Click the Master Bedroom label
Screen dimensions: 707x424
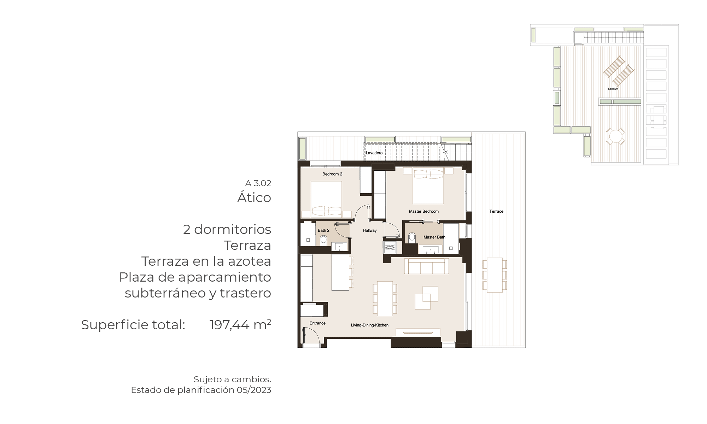[x=423, y=211]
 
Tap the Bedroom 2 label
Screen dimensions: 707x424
[x=332, y=174]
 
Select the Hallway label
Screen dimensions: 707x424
[x=370, y=230]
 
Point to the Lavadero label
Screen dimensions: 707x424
[x=374, y=153]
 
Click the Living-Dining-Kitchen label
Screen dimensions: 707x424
[x=370, y=325]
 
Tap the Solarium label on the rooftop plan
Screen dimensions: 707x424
[x=613, y=89]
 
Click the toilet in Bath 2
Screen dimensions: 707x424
[x=323, y=241]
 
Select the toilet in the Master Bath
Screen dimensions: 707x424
[x=412, y=237]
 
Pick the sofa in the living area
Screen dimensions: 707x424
[x=427, y=266]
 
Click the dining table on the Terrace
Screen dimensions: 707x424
[x=495, y=275]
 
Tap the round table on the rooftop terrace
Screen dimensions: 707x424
[x=615, y=137]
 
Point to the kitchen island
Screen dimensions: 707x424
[x=340, y=272]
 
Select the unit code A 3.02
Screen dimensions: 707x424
[x=258, y=183]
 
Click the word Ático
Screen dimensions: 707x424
[x=254, y=197]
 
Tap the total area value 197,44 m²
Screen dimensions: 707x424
[x=240, y=325]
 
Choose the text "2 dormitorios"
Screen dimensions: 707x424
[x=227, y=229]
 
